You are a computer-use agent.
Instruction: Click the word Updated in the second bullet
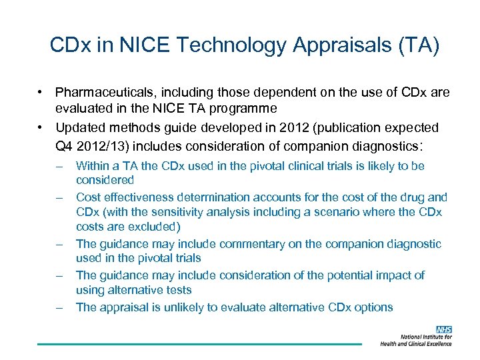point(79,127)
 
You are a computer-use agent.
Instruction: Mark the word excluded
point(149,227)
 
